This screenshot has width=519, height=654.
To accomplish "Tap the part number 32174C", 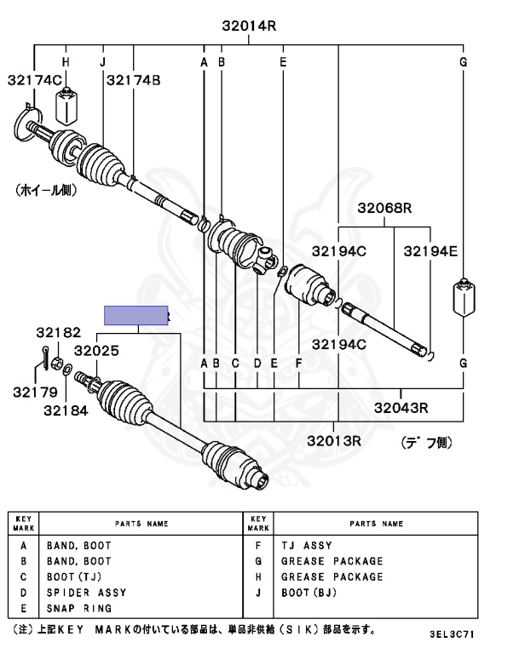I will point(35,80).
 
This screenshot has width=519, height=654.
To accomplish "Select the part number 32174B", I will point(134,80).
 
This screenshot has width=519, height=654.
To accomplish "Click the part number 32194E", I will point(430,251).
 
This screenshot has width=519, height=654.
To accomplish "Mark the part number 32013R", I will point(335,440).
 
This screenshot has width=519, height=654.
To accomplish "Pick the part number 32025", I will point(95,349).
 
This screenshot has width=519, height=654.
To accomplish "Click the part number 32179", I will point(35,393).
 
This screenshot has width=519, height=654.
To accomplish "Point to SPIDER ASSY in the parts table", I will point(86,593).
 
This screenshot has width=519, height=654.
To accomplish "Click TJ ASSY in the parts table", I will point(306,546).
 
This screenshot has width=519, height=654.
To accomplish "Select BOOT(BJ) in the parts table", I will point(310,593).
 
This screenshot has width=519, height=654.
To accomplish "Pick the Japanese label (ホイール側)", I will point(52,192).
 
